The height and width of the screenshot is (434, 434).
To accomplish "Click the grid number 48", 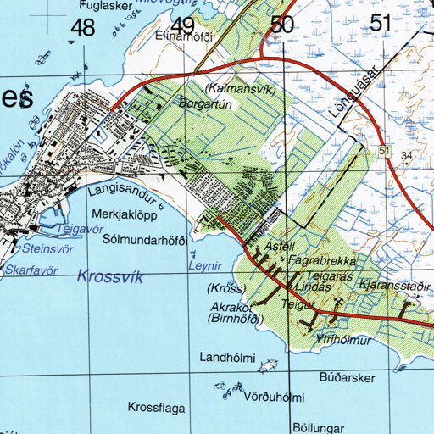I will tap(83, 27).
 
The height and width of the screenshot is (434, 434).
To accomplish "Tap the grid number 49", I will tap(182, 25).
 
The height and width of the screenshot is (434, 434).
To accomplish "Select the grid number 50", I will tap(281, 25).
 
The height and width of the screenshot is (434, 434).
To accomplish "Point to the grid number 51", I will tap(381, 23).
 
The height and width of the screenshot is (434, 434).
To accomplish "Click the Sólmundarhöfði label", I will tap(143, 240).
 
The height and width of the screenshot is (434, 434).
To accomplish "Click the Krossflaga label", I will tap(156, 408).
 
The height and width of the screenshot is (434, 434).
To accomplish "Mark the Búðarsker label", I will tap(348, 376).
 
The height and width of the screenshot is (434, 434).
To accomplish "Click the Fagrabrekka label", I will tap(322, 261).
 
